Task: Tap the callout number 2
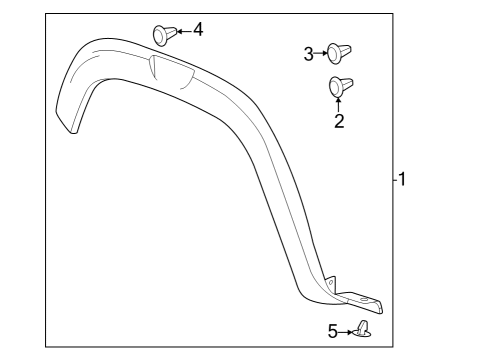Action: pos(338,122)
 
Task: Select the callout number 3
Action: pos(309,54)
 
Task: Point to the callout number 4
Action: pos(198,29)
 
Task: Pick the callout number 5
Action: pos(332,331)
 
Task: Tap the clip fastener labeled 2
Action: pos(337,87)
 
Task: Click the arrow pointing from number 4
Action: pos(182,31)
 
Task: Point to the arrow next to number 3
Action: pos(321,54)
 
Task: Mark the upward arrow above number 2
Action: pos(338,102)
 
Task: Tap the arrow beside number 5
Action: pos(346,331)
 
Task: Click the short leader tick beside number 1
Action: pos(393,180)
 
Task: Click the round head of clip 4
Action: pos(160,33)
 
